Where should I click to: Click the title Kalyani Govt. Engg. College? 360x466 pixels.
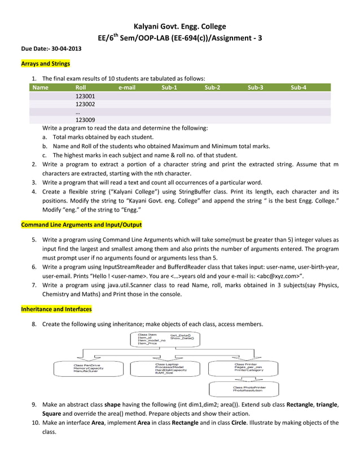(x=179, y=27)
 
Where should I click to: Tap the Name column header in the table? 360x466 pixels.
(x=41, y=88)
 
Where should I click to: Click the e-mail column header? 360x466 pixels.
(x=127, y=88)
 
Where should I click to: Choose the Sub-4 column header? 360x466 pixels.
(x=298, y=88)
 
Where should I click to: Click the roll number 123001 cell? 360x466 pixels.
(x=85, y=96)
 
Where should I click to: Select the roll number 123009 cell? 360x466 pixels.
(x=85, y=120)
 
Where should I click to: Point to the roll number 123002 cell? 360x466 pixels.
(x=85, y=104)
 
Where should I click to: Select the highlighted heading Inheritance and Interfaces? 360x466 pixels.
(x=56, y=309)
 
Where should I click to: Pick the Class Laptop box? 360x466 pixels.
(x=167, y=369)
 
